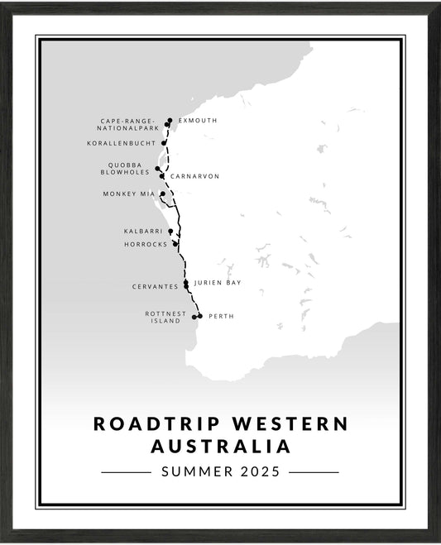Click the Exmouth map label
click(x=198, y=121)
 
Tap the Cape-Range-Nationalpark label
click(x=128, y=125)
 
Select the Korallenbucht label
click(x=121, y=143)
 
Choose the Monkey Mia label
click(x=129, y=194)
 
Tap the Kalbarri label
click(x=142, y=232)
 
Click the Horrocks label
click(x=145, y=245)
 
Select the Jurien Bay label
click(x=218, y=283)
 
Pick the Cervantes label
click(x=155, y=287)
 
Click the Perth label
click(x=221, y=316)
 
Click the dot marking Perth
click(x=200, y=315)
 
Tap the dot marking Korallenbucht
click(x=164, y=143)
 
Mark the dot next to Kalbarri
click(x=170, y=232)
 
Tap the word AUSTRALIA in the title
click(x=220, y=447)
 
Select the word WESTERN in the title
click(x=289, y=423)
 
